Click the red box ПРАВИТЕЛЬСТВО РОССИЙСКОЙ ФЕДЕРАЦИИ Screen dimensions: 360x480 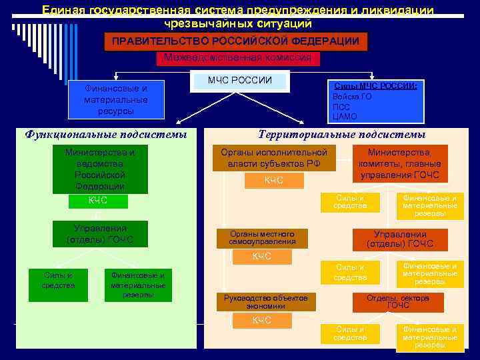tap(236, 41)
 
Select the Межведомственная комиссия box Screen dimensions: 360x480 tap(237, 58)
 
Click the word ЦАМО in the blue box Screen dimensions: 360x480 tap(342, 116)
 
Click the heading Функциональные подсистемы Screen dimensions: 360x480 tap(105, 135)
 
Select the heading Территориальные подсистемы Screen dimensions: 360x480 tap(341, 135)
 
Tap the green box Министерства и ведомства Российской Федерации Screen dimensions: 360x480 tap(100, 169)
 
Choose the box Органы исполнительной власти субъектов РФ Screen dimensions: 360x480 tap(274, 157)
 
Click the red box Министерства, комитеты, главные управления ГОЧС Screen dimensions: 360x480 tap(400, 164)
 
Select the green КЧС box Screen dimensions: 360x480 tap(98, 201)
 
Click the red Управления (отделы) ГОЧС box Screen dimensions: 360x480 tap(400, 239)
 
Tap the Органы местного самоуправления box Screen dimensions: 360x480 tap(261, 237)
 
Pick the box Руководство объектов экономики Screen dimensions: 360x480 tap(266, 302)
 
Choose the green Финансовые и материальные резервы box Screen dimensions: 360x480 tap(138, 284)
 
